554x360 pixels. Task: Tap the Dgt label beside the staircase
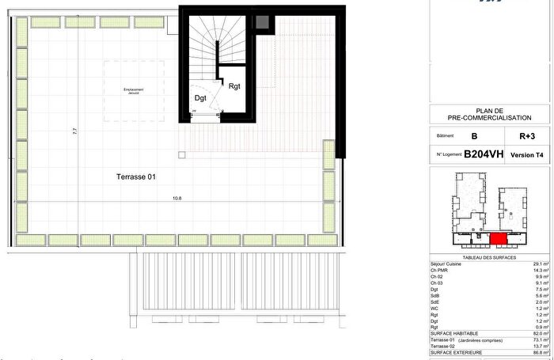pos(201,98)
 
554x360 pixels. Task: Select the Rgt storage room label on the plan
pos(234,87)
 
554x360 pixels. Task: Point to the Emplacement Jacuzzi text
pos(134,90)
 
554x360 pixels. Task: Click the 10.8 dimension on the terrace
pos(166,198)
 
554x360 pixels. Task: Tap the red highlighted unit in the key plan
pos(499,238)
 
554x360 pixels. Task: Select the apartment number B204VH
pos(483,154)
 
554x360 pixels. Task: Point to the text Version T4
pos(527,155)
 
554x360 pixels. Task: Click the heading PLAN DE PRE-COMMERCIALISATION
pos(489,115)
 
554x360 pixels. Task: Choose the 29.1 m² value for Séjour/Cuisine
pos(541,263)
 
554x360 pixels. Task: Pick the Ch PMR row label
pos(439,270)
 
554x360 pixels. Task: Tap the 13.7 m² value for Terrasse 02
pos(541,347)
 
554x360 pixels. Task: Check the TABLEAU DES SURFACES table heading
pos(489,256)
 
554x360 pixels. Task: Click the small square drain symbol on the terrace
pos(180,155)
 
